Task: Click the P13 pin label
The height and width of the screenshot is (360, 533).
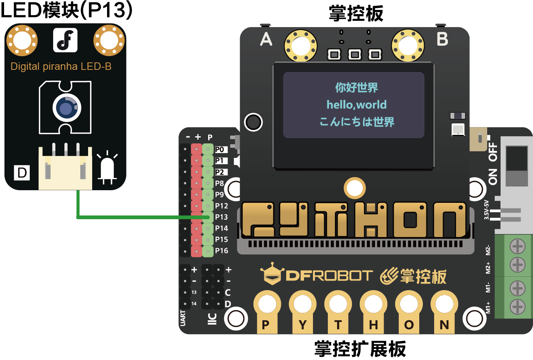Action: click(x=221, y=217)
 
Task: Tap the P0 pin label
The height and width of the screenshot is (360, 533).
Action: click(x=220, y=149)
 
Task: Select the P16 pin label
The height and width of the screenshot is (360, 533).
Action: click(x=221, y=251)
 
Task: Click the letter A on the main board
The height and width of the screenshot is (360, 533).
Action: click(x=266, y=39)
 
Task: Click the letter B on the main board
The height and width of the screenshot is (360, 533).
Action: click(x=442, y=39)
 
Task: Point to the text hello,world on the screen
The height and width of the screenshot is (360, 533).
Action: click(x=356, y=105)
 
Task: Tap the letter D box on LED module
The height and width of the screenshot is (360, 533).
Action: click(x=22, y=173)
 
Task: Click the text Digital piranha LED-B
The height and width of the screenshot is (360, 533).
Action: click(x=61, y=67)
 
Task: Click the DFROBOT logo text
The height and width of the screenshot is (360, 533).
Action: click(x=329, y=276)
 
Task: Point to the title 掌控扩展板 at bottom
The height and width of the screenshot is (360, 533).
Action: click(x=360, y=349)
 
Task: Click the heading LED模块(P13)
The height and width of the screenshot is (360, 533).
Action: click(x=66, y=10)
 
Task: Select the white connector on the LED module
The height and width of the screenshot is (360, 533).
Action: click(x=65, y=169)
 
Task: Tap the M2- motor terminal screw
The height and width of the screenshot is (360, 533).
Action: click(x=517, y=246)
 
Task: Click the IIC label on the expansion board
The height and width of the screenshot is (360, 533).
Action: click(x=212, y=319)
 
